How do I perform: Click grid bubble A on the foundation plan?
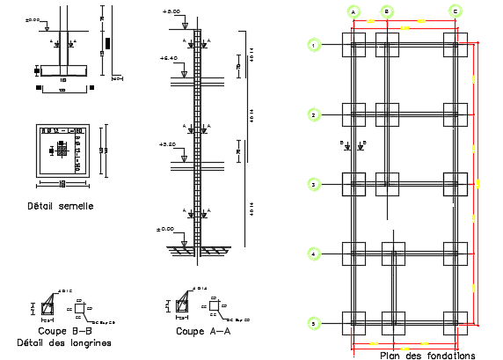point(353,11)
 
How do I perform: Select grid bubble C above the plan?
point(455,11)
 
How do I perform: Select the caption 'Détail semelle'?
point(61,206)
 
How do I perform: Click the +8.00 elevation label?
point(171,12)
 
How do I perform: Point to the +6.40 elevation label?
point(169,57)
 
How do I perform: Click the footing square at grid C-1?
point(455,45)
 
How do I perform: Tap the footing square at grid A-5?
point(353,324)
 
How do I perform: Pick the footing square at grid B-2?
point(386,114)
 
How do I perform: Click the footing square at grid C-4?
point(455,253)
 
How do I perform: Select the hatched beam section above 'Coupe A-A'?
point(182,305)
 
